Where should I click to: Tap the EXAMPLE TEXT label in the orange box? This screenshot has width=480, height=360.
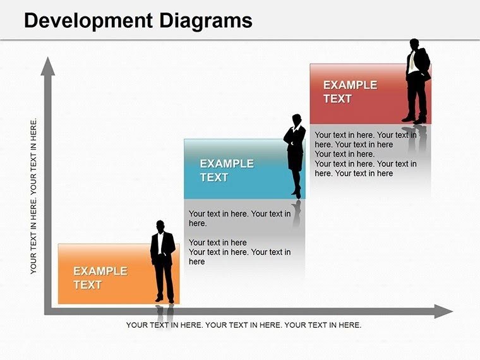pyautogui.click(x=100, y=278)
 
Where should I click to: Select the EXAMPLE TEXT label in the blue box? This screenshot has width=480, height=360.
pyautogui.click(x=226, y=171)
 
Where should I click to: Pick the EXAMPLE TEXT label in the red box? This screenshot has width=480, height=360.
pyautogui.click(x=350, y=92)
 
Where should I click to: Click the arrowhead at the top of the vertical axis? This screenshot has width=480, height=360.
pyautogui.click(x=47, y=66)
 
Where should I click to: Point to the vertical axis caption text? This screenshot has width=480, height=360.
pyautogui.click(x=34, y=196)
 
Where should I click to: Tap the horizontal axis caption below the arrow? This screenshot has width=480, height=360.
pyautogui.click(x=244, y=325)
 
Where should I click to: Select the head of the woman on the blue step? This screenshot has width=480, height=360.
pyautogui.click(x=296, y=119)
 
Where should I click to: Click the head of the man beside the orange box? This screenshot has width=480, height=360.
pyautogui.click(x=160, y=225)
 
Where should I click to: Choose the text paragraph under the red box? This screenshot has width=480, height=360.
pyautogui.click(x=366, y=154)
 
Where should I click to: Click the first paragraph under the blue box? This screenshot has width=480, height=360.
pyautogui.click(x=239, y=219)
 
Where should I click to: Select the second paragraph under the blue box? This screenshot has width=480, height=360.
pyautogui.click(x=239, y=252)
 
